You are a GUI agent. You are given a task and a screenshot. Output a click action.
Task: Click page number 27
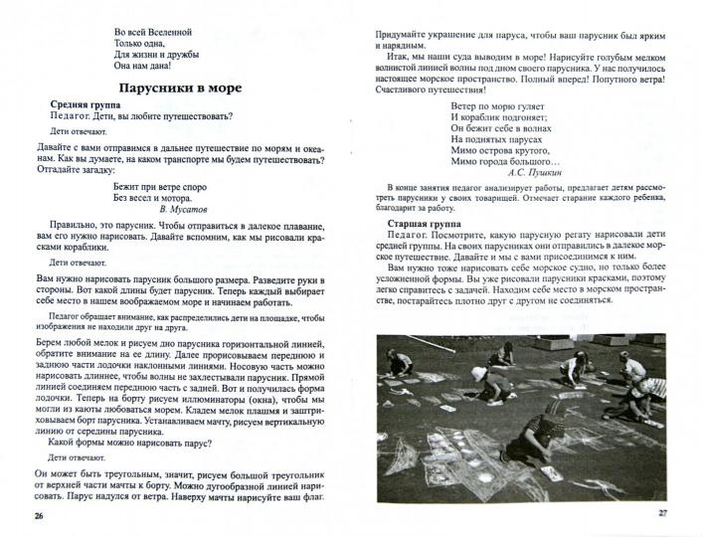click(x=661, y=511)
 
